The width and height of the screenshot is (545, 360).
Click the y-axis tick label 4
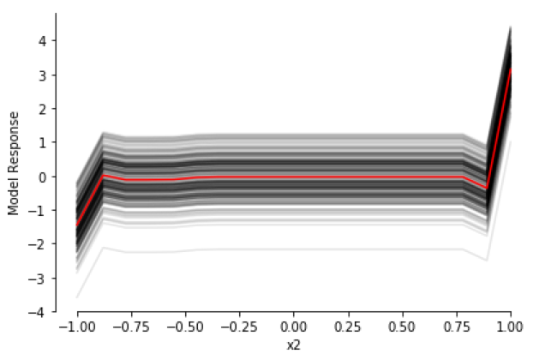42,41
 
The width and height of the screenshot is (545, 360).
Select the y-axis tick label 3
42,75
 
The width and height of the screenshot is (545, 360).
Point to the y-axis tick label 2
42,109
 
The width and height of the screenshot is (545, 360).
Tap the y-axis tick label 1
42,143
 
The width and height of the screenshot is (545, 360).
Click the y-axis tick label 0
42,177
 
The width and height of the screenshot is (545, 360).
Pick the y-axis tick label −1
38,211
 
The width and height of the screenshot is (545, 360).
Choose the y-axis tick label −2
38,245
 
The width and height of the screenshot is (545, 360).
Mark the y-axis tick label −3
38,279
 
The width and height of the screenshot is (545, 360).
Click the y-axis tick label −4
38,313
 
